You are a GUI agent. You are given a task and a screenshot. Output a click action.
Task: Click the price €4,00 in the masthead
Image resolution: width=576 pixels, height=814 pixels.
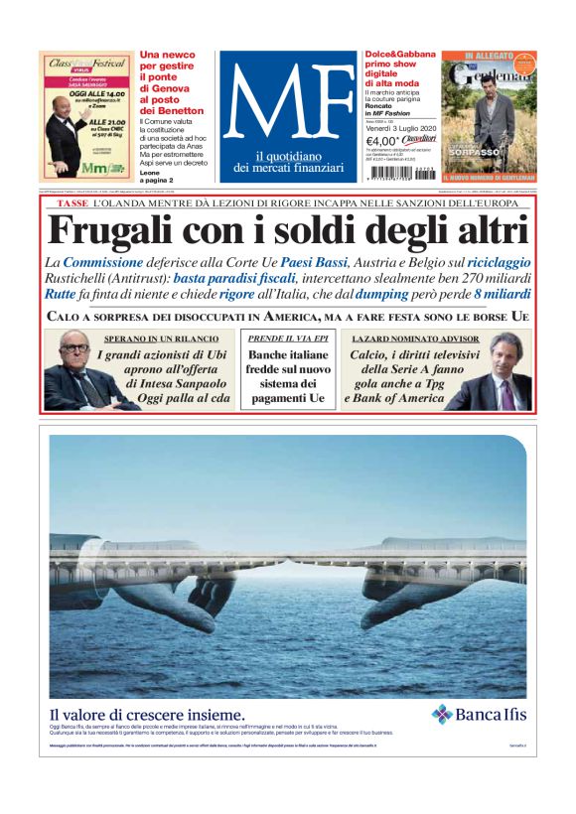tap(384, 141)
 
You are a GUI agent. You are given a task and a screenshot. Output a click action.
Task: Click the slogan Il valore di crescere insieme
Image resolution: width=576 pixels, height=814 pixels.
tap(147, 714)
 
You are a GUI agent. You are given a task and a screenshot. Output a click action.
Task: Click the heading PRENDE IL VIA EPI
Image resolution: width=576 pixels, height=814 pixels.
tap(288, 339)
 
